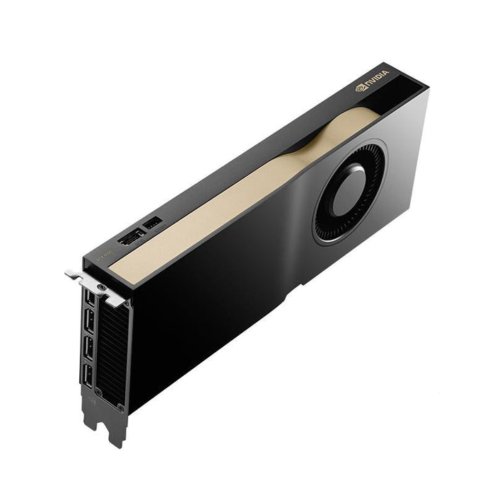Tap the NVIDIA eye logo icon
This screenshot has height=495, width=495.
click(361, 89)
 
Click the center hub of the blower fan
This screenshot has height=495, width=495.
click(349, 190)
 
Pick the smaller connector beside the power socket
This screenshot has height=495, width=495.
click(151, 223)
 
